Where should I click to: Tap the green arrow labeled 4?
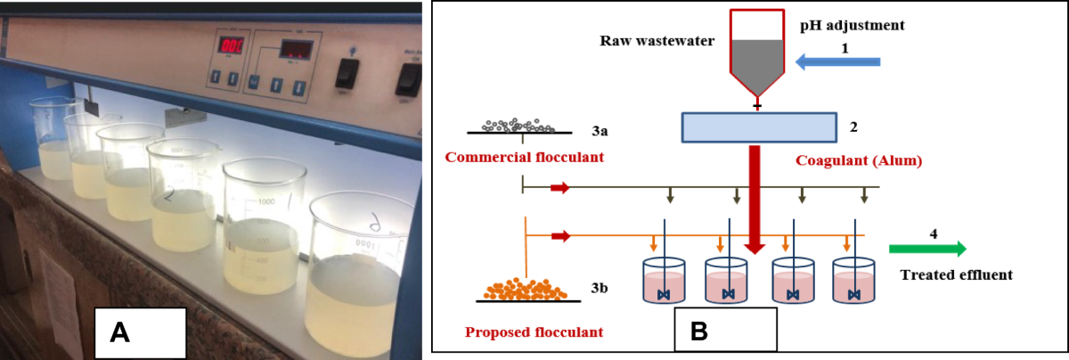pos(927,249)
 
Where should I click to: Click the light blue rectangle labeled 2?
pos(759,127)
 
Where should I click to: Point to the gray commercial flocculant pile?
pos(521,125)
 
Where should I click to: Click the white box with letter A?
pos(140,332)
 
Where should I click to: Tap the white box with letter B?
pos(725,331)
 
